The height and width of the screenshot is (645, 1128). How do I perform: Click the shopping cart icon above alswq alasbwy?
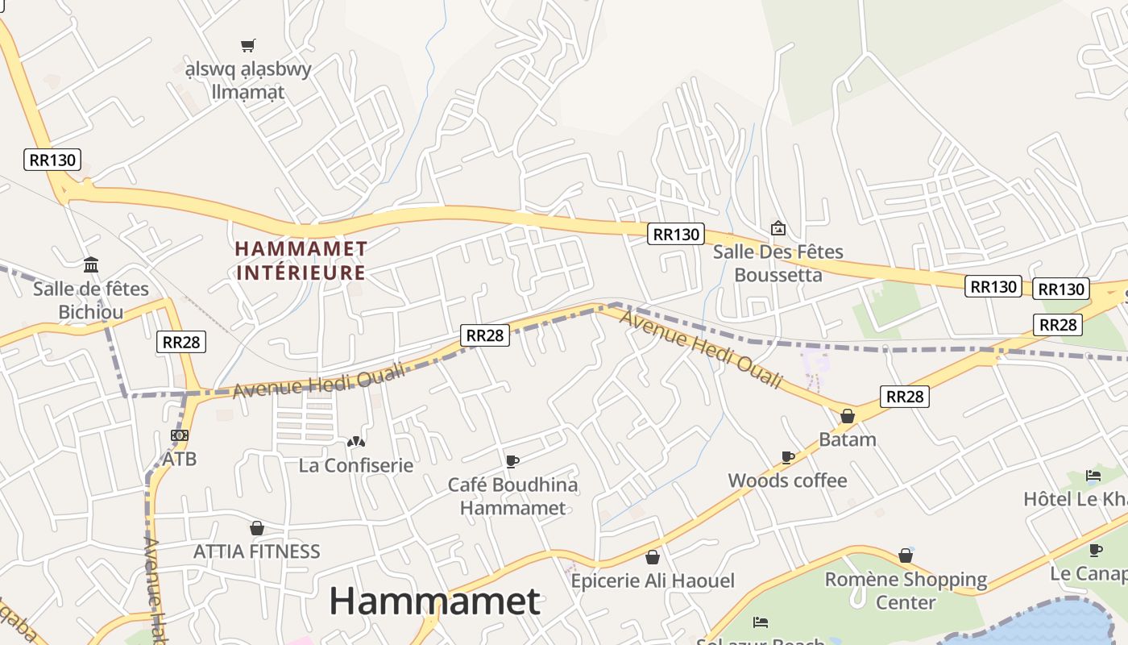point(248,46)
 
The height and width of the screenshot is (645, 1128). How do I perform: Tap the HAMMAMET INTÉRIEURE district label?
point(301,260)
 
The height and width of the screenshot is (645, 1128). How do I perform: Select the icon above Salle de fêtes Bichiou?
point(91,265)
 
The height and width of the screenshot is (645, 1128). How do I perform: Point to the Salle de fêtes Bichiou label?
point(91,300)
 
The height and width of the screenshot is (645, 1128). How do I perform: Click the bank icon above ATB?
point(179,435)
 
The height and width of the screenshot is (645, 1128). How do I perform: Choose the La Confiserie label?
point(355,465)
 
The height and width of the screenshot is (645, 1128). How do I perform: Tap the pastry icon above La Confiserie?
point(355,442)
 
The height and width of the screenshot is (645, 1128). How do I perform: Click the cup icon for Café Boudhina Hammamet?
point(512,461)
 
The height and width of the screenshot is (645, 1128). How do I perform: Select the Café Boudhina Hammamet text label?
point(512,496)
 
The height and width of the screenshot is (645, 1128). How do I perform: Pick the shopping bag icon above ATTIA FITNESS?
point(257,528)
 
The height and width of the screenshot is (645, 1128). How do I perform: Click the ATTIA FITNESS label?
point(257,551)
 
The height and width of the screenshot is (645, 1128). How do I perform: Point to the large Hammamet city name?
point(434,601)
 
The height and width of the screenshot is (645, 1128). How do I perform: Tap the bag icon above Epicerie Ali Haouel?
point(653,557)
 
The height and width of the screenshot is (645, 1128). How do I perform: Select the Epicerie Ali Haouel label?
point(653,580)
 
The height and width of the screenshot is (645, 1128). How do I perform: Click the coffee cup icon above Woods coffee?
point(788,458)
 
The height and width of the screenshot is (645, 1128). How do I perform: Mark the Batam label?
point(848,439)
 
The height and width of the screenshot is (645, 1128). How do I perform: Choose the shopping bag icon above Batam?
point(848,416)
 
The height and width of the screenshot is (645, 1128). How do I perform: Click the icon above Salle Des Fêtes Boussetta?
point(778,228)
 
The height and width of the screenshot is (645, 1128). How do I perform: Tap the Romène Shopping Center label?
point(906,590)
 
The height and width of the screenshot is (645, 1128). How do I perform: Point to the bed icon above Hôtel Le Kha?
point(1093,476)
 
